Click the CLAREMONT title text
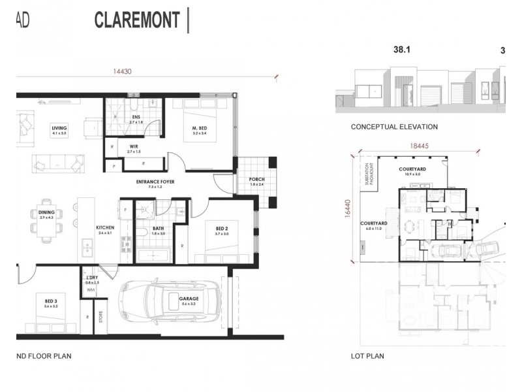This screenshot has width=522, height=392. pos(137,20)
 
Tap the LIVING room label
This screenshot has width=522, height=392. pos(60,129)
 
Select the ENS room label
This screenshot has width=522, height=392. pos(136,118)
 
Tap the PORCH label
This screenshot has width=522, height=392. pos(256,181)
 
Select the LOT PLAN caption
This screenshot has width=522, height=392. pos(367,357)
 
